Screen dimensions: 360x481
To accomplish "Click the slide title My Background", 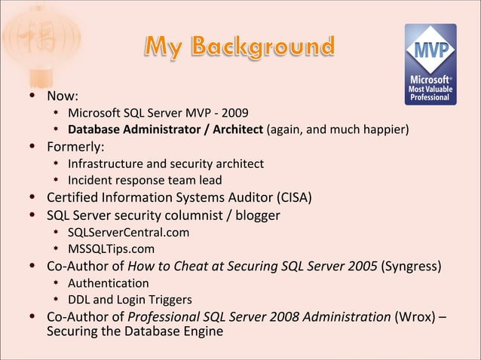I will [x=239, y=47].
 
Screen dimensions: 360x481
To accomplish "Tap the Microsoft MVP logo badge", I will [x=430, y=63].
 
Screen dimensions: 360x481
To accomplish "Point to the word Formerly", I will [x=75, y=147].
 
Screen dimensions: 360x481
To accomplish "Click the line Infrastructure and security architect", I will [x=166, y=163].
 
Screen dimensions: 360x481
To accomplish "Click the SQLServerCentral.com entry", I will [x=128, y=232].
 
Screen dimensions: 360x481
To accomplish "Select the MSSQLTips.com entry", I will [x=111, y=249].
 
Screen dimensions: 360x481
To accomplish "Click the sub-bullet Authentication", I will [x=108, y=283].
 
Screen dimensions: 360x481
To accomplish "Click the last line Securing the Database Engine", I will [x=135, y=331].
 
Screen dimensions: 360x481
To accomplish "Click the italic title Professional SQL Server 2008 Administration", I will [x=259, y=316].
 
